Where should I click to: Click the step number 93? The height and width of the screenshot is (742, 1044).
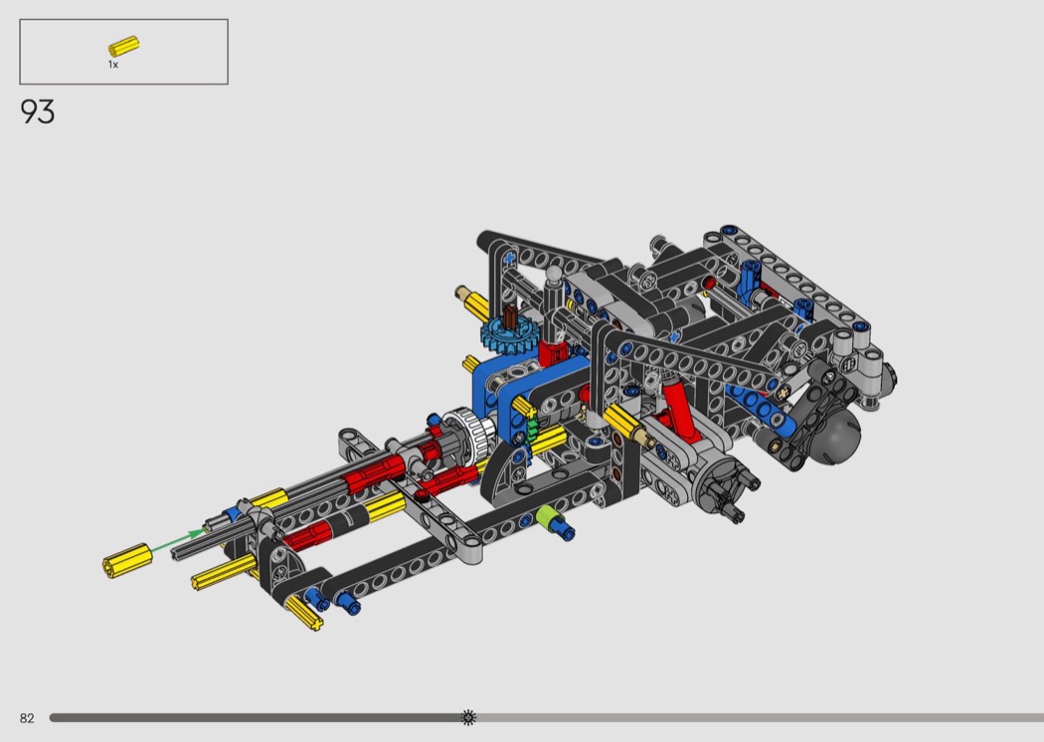pos(38,112)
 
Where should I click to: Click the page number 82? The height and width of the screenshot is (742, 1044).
pos(27,718)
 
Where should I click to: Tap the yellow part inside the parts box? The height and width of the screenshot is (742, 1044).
pos(124,46)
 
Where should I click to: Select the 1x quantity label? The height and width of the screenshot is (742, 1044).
pos(113,65)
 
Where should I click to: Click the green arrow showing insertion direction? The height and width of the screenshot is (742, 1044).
pos(178,540)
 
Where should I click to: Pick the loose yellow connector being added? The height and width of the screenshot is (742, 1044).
pos(127,561)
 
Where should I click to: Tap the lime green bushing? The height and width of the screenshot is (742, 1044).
pos(547,517)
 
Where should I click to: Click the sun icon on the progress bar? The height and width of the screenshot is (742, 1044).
pos(468,717)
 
